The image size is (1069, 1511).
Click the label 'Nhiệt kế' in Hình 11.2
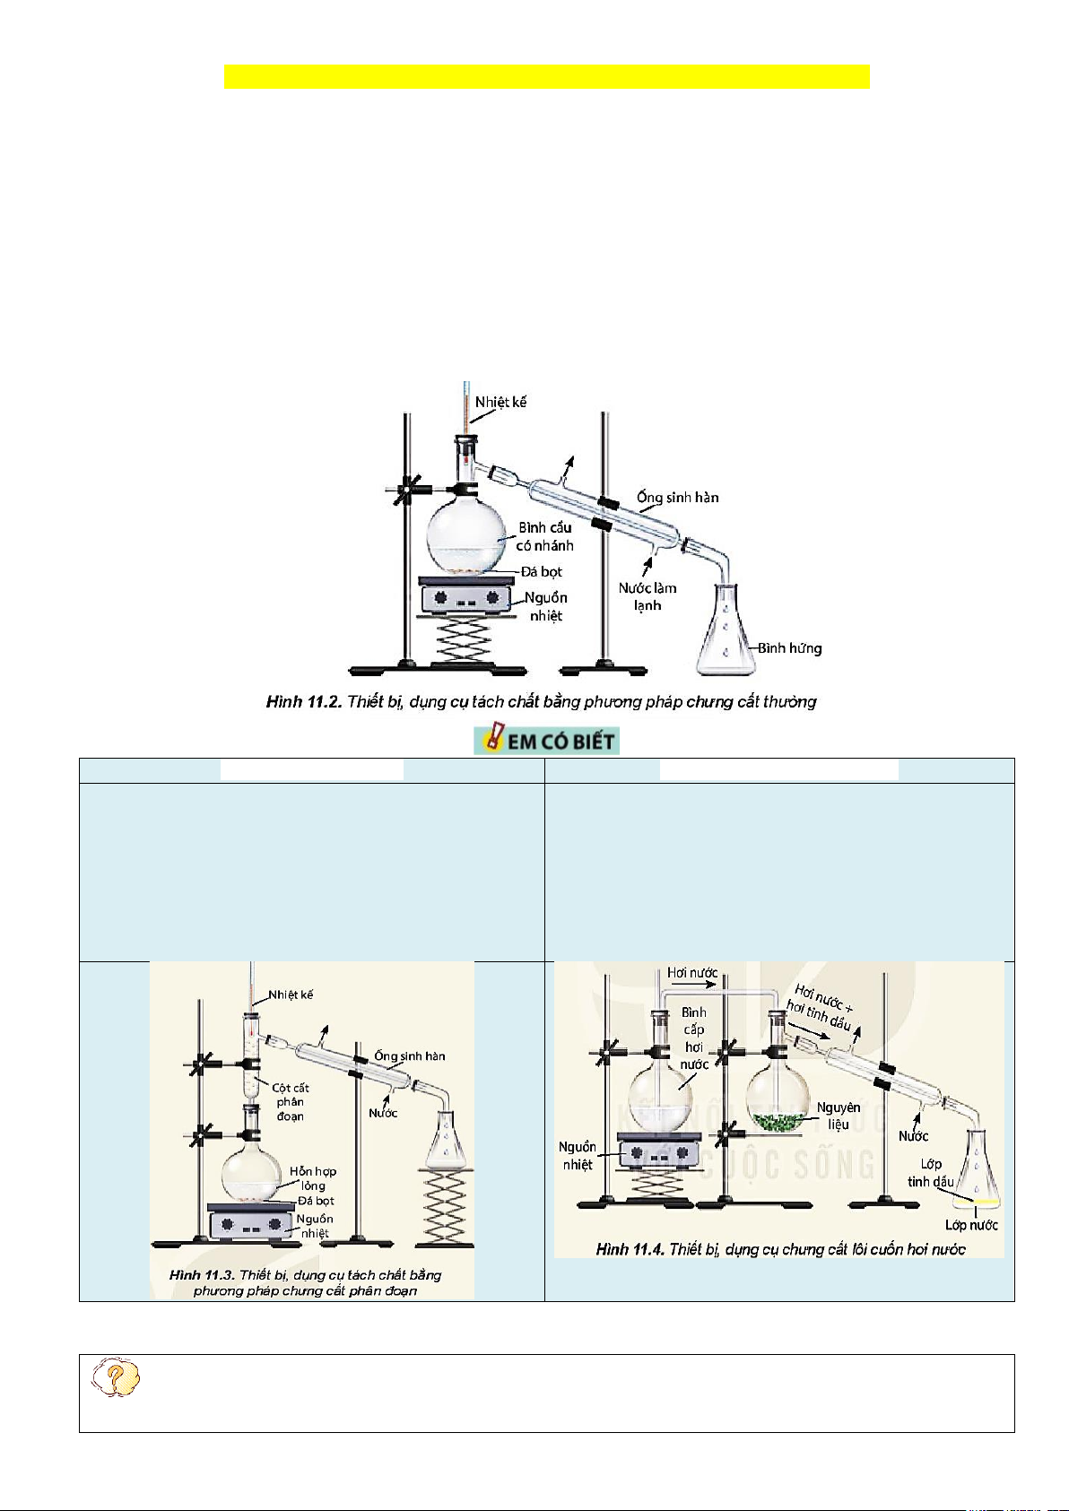[x=500, y=402]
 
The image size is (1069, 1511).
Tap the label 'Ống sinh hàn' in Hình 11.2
[x=677, y=498]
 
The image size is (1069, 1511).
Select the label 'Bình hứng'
[x=789, y=648]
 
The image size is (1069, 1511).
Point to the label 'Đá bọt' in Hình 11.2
[x=542, y=572]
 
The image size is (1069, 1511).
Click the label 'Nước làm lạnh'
[x=647, y=596]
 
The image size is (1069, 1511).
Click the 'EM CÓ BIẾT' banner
[x=547, y=741]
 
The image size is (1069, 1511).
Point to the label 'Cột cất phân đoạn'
[x=290, y=1102]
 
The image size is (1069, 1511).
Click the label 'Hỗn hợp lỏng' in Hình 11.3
[x=313, y=1178]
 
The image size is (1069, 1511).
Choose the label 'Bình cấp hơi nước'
[x=694, y=1038]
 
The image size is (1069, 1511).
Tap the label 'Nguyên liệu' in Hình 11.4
[x=839, y=1116]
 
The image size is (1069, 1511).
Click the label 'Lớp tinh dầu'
[x=930, y=1173]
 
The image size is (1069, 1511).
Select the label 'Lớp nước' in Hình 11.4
[x=971, y=1225]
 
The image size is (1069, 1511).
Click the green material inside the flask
[x=778, y=1121]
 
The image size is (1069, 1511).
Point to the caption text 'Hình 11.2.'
[x=304, y=702]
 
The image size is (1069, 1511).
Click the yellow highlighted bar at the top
[x=546, y=77]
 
